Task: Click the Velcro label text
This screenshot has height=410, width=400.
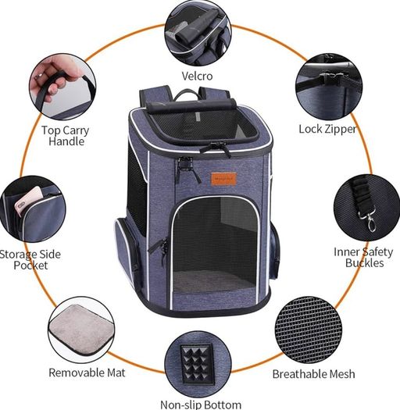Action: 197,76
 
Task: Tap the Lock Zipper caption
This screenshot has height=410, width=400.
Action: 327,129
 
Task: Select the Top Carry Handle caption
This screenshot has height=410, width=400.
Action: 66,136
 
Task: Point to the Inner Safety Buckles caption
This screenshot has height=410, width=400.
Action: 363,257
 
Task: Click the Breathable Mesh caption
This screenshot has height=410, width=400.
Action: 313,374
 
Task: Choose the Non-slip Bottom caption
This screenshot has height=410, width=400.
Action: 201,405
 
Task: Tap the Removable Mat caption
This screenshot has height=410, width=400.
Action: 87,373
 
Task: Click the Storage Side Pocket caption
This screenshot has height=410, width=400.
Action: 30,259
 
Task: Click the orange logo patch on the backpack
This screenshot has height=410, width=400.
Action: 223,179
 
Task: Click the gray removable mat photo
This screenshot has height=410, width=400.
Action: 80,330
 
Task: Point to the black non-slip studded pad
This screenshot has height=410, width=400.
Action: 197,364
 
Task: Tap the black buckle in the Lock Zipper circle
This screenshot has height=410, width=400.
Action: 332,78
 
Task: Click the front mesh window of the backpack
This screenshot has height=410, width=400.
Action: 215,244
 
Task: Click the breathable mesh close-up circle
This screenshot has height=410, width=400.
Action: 309,330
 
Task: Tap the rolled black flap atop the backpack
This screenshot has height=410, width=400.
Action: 191,105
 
